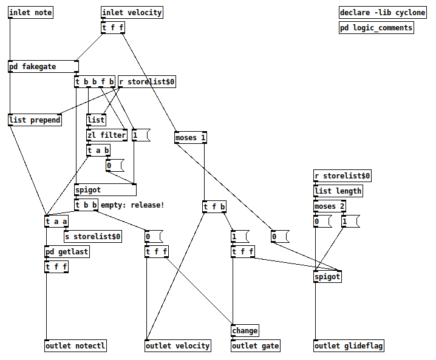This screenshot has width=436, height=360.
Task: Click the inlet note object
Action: [30, 13]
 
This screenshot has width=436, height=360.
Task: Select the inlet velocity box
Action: [132, 13]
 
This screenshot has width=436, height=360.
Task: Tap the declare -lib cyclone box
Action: [383, 13]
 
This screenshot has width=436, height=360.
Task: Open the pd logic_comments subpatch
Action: [376, 27]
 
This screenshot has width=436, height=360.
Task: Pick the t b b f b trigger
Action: [94, 81]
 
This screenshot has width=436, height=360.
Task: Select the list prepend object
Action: [35, 120]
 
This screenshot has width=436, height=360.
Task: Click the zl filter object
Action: [107, 135]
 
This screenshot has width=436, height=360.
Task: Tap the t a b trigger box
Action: [98, 151]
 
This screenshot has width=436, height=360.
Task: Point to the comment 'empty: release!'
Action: [132, 205]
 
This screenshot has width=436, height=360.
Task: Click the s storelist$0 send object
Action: [93, 236]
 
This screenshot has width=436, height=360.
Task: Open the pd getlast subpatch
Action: [67, 251]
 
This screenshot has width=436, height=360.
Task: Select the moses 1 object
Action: [191, 138]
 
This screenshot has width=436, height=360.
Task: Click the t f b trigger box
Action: [214, 207]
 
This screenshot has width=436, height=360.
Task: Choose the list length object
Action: [338, 191]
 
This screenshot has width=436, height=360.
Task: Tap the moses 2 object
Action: [330, 206]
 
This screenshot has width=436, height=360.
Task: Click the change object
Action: [245, 331]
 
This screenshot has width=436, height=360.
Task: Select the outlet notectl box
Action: [76, 346]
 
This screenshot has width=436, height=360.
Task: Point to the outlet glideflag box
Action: [349, 346]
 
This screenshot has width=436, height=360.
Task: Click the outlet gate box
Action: [256, 346]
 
